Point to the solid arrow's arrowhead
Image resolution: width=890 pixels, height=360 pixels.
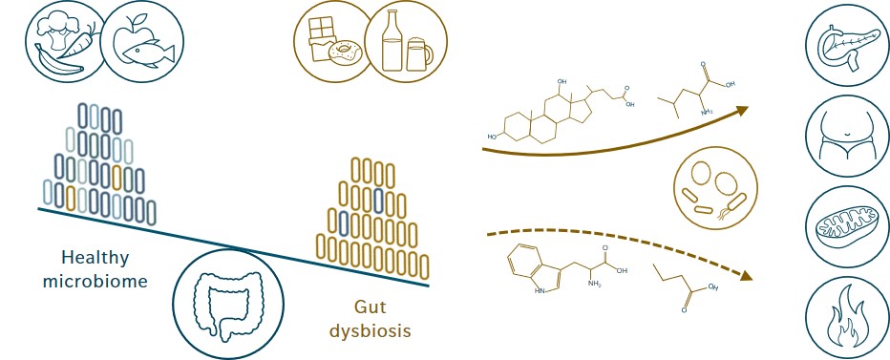[x=743, y=110]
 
